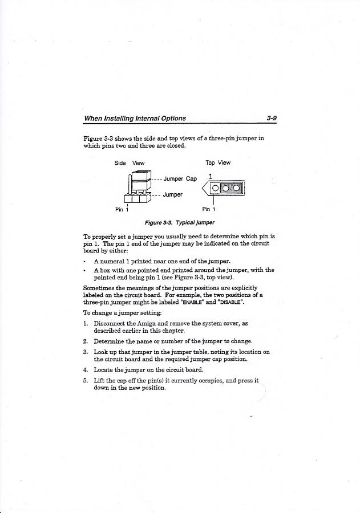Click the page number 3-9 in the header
pos(271,119)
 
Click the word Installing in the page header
pos(126,119)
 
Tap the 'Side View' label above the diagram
pos(130,163)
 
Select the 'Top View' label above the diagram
pos(219,163)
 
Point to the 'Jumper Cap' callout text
pos(180,179)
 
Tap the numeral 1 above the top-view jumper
pos(211,176)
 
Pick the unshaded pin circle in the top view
pos(215,189)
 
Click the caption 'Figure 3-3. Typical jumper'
pos(180,222)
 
